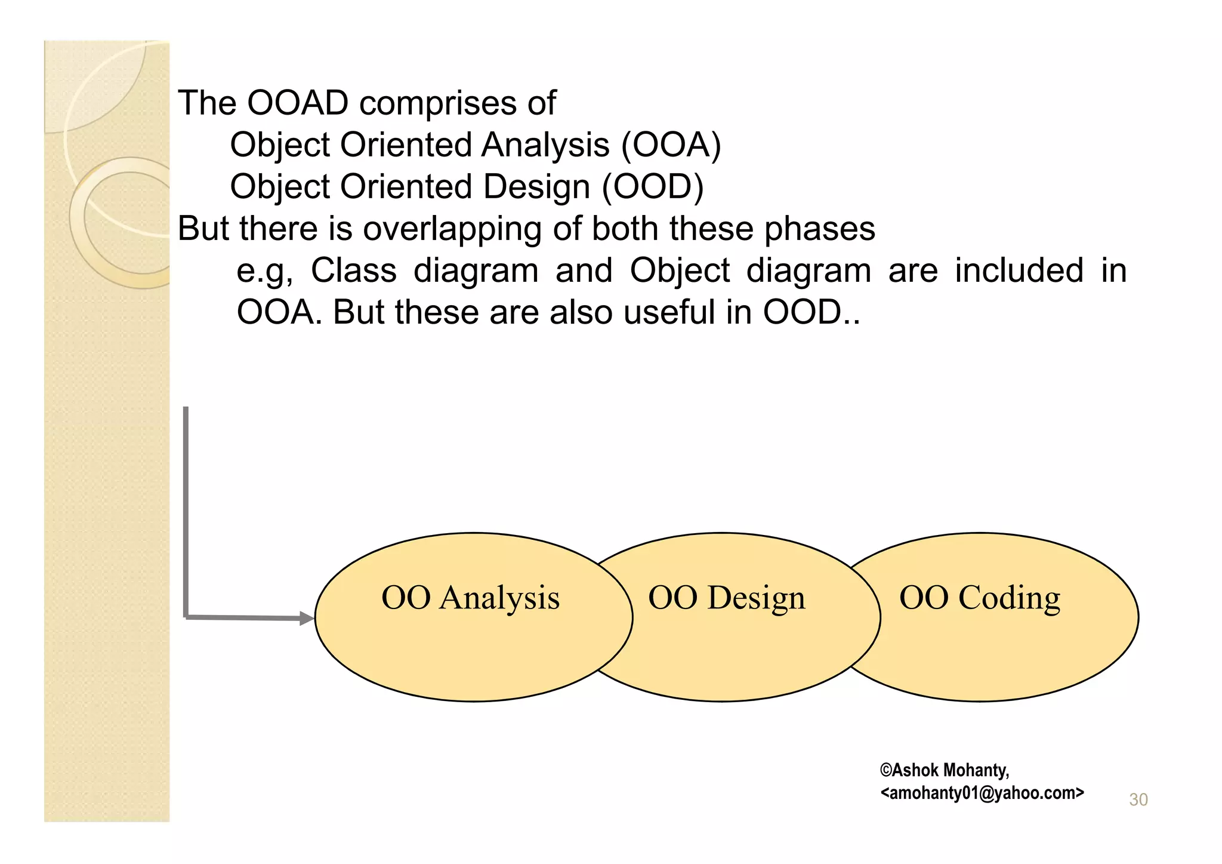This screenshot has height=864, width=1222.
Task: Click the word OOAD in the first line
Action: coord(297,103)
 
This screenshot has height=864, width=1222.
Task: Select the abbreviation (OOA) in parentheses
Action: coord(671,145)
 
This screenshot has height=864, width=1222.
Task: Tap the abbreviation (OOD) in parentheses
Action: coord(653,187)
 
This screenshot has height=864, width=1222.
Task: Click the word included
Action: coord(1019,270)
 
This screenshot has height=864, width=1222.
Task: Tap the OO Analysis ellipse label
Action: coord(470,598)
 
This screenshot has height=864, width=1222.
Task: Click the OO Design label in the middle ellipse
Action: coord(726,598)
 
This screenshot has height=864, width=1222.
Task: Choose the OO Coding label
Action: coord(979,598)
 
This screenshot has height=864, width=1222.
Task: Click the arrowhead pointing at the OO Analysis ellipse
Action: coord(307,619)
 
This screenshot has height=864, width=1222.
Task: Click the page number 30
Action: coord(1138,800)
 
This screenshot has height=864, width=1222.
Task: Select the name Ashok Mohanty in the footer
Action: coord(949,770)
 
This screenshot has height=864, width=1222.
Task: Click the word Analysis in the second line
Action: coord(545,145)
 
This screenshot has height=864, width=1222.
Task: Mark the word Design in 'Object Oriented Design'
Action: coord(536,187)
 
